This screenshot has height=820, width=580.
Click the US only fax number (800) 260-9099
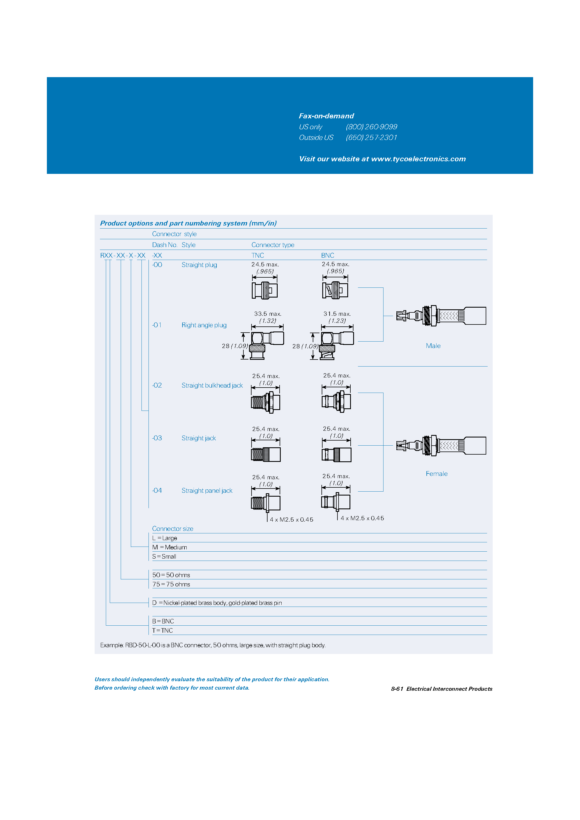tap(371, 127)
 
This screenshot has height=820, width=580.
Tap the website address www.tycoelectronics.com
tap(418, 159)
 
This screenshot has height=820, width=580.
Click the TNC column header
tap(257, 255)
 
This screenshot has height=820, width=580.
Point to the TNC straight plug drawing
tap(265, 290)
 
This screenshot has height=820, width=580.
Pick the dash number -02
tap(157, 385)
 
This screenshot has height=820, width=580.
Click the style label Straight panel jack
tap(207, 491)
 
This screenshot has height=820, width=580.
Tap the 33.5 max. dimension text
tap(268, 314)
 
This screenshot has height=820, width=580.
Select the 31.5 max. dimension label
tap(337, 314)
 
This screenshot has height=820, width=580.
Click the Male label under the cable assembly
tap(433, 346)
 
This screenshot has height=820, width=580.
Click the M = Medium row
tap(170, 547)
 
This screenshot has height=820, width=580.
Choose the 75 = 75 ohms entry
tap(171, 584)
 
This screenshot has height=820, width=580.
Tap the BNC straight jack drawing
tap(336, 455)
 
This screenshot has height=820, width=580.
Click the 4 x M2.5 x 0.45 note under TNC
tap(291, 520)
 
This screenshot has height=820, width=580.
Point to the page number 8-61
tap(397, 689)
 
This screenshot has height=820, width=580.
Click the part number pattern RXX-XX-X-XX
tap(123, 255)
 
